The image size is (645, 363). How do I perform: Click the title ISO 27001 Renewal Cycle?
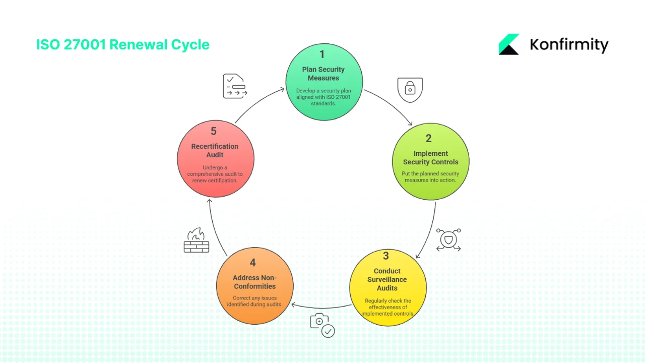coord(122,44)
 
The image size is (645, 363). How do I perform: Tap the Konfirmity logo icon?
coord(509,44)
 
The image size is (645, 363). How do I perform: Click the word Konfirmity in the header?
coord(569,45)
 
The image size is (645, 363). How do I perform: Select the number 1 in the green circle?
coord(322,54)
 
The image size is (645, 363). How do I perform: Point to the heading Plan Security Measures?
coord(324,74)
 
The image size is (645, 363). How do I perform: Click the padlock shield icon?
coord(410,90)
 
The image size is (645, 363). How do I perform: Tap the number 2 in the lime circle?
coord(429,138)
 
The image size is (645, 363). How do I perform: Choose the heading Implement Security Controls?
coord(430,158)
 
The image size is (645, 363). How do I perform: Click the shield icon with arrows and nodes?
coord(448,240)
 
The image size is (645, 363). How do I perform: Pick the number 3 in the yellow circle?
coord(386,256)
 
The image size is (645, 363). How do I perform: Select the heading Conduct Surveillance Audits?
coord(387,279)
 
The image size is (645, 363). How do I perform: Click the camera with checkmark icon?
coord(322,325)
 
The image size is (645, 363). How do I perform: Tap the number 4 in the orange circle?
coord(252,263)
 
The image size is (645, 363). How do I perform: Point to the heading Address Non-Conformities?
coord(254,282)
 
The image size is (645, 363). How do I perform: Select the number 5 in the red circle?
coord(214,131)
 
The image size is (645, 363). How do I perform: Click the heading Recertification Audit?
coord(215,150)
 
